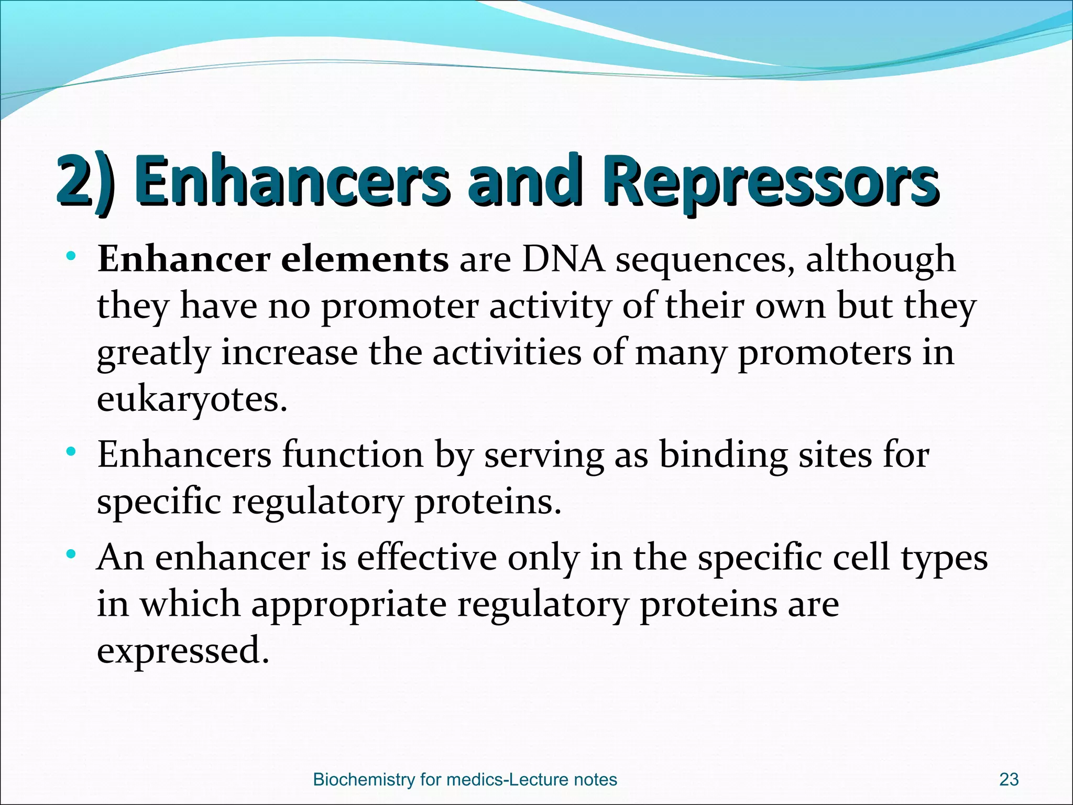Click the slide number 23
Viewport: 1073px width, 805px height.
pyautogui.click(x=1009, y=779)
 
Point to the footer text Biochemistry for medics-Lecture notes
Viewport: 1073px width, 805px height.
pyautogui.click(x=465, y=779)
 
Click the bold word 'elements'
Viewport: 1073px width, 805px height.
pyautogui.click(x=365, y=259)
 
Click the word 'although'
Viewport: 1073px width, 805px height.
pyautogui.click(x=880, y=259)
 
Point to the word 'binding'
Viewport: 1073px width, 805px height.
pyautogui.click(x=722, y=455)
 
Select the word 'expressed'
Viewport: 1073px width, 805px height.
pyautogui.click(x=183, y=650)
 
